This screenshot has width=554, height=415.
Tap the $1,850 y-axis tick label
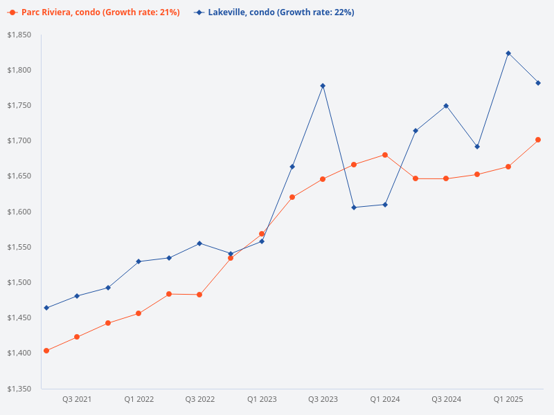pos(19,35)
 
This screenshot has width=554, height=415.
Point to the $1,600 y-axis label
pos(19,212)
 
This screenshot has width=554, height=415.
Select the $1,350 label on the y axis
pos(19,389)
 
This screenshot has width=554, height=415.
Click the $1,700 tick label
pos(19,141)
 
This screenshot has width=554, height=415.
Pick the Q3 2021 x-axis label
pos(77,400)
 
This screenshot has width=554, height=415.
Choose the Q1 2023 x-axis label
pos(262,400)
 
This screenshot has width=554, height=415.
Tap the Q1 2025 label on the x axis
pos(508,400)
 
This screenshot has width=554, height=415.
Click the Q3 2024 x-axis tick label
pos(446,400)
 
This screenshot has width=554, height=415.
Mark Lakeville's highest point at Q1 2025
pos(508,53)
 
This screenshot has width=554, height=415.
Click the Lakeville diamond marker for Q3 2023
pos(323,86)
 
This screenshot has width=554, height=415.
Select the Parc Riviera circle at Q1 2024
pos(385,155)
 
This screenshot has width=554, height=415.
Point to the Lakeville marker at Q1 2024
pos(385,205)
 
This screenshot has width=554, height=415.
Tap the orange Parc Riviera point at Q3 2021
pos(77,337)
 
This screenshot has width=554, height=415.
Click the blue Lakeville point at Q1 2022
pos(138,261)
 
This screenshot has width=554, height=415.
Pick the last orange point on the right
pos(538,140)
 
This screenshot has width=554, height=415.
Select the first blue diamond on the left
pos(46,308)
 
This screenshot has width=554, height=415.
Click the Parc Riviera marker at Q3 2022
pos(199,295)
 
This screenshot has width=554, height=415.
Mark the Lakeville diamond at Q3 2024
pos(446,106)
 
